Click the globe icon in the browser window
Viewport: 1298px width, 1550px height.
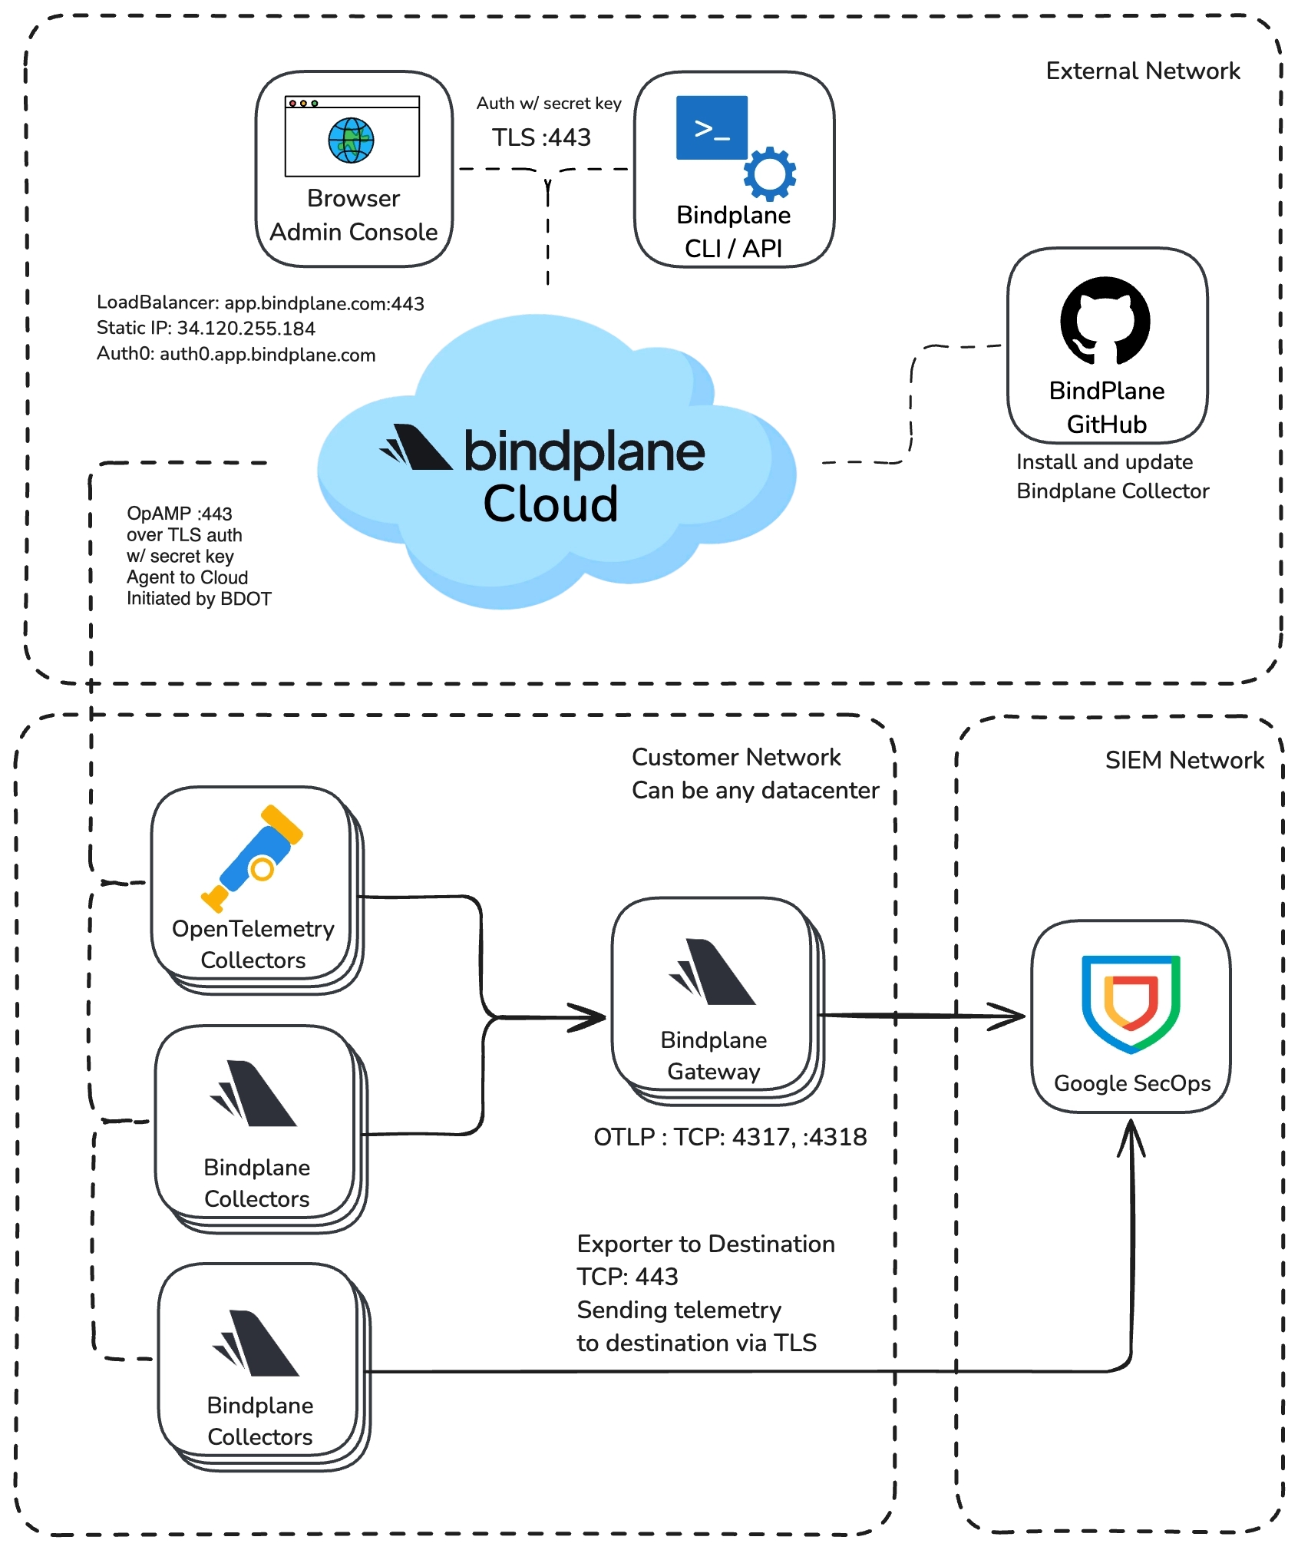(351, 140)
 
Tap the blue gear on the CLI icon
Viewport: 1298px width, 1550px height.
(769, 174)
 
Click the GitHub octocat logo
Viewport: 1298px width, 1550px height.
(1105, 321)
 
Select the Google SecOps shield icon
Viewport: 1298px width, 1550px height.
(1131, 1003)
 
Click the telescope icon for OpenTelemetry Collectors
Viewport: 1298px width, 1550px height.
(253, 858)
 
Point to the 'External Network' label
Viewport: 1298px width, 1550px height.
(1142, 71)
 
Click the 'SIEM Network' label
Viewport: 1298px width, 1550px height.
(1184, 761)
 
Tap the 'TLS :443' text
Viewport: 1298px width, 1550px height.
(541, 137)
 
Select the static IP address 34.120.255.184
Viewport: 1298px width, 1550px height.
(246, 329)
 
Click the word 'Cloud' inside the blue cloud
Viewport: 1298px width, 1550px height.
(550, 504)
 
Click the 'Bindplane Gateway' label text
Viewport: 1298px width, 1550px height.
(713, 1056)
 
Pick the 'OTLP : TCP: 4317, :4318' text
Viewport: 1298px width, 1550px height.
(730, 1137)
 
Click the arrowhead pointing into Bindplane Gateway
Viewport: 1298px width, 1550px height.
(591, 1018)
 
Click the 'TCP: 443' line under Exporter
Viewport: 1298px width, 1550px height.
(627, 1277)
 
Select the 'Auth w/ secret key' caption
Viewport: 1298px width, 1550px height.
(549, 104)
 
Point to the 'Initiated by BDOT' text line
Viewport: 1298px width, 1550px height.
(199, 599)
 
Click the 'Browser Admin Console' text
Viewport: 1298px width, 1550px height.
(353, 216)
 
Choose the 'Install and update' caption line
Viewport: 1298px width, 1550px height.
(1104, 462)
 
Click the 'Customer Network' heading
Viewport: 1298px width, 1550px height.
(735, 758)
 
